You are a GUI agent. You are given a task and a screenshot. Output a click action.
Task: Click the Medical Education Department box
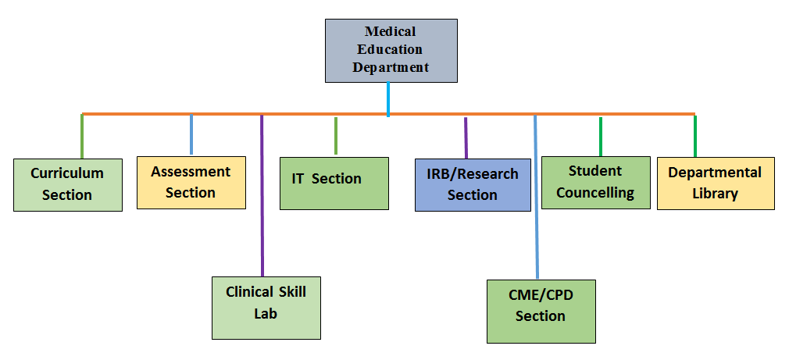(x=391, y=51)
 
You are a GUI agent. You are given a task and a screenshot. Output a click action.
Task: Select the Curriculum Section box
(x=68, y=185)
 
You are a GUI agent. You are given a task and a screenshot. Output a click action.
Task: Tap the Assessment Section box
(x=191, y=183)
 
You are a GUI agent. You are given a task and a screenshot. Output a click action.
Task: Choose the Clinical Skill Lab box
(x=266, y=308)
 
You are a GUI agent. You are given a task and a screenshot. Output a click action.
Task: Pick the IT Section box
(x=334, y=184)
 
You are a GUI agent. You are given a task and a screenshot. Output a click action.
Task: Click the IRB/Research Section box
(x=473, y=185)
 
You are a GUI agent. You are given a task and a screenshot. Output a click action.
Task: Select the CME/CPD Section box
(x=541, y=312)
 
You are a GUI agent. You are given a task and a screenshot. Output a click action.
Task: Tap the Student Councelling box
(x=596, y=183)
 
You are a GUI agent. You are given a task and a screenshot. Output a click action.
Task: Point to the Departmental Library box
(x=716, y=184)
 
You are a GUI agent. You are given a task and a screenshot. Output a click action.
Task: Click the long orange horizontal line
(x=388, y=114)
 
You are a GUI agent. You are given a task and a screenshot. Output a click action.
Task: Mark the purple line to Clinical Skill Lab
(x=262, y=195)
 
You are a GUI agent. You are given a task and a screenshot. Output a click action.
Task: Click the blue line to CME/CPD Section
(x=536, y=197)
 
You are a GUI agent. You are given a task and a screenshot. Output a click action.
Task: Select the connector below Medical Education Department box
(x=388, y=99)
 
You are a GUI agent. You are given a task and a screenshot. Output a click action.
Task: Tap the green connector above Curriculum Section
(x=81, y=137)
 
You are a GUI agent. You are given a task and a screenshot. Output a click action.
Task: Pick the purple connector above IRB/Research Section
(x=466, y=137)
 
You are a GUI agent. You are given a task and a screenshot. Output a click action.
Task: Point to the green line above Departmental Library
(x=695, y=136)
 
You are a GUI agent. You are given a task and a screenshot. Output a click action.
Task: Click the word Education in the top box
(x=390, y=49)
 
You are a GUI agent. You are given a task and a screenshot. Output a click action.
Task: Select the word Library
(x=715, y=194)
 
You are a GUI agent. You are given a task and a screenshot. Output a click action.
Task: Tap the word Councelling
(x=595, y=193)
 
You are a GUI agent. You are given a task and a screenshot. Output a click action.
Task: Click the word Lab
(x=266, y=314)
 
